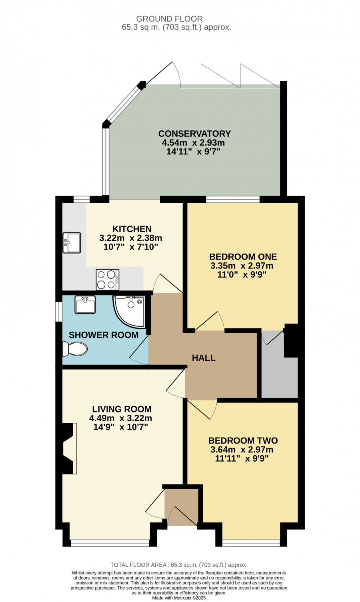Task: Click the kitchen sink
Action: pyautogui.click(x=72, y=243)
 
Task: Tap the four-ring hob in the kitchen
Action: pyautogui.click(x=108, y=280)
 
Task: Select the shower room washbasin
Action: pyautogui.click(x=85, y=304)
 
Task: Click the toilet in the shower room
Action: pyautogui.click(x=75, y=349)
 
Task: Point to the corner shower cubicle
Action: pyautogui.click(x=130, y=312)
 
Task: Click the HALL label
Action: pyautogui.click(x=204, y=358)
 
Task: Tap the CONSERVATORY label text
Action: pyautogui.click(x=194, y=133)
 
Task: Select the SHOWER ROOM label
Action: pyautogui.click(x=104, y=335)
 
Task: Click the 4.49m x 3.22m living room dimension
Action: pyautogui.click(x=121, y=418)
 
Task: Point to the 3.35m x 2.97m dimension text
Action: pyautogui.click(x=242, y=266)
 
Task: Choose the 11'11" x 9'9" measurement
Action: pyautogui.click(x=242, y=458)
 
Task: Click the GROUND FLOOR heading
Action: pyautogui.click(x=169, y=19)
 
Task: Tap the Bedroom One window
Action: pyautogui.click(x=233, y=199)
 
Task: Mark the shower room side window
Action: pyautogui.click(x=59, y=312)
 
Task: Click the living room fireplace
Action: pyautogui.click(x=68, y=448)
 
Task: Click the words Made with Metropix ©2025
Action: pyautogui.click(x=179, y=598)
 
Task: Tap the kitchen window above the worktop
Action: pyautogui.click(x=82, y=199)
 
